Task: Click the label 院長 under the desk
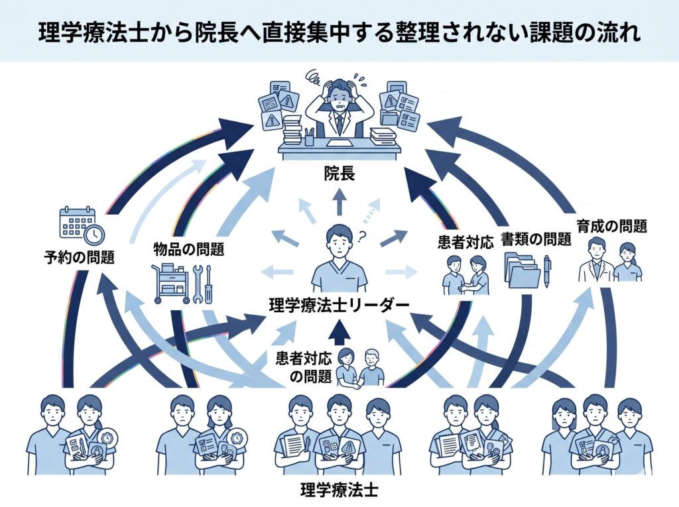pyautogui.click(x=339, y=174)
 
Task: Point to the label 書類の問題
pyautogui.click(x=536, y=239)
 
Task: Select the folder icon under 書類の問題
pyautogui.click(x=522, y=270)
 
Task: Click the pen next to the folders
pyautogui.click(x=548, y=271)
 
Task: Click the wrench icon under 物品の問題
pyautogui.click(x=197, y=283)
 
